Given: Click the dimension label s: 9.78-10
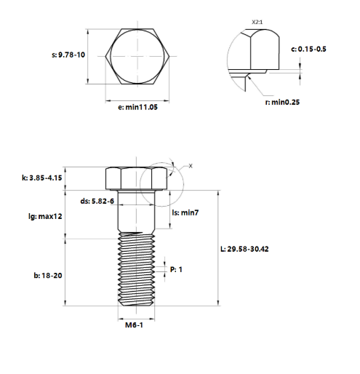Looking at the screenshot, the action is click(x=68, y=55).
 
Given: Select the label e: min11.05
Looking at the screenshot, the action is click(x=137, y=107).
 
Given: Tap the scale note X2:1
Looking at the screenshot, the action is click(x=257, y=22).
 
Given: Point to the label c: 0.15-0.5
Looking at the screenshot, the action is click(x=308, y=49).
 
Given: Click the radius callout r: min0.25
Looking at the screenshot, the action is click(x=282, y=102).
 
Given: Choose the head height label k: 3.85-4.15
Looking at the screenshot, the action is click(x=42, y=178).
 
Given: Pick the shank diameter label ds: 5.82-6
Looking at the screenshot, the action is click(x=97, y=201).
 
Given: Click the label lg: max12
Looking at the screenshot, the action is click(x=45, y=216).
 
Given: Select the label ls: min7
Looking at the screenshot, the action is click(x=185, y=212).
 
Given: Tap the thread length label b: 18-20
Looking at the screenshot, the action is click(x=48, y=276).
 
